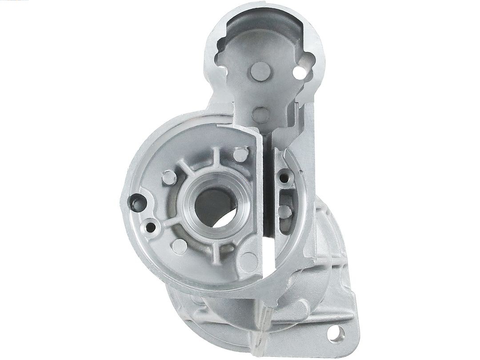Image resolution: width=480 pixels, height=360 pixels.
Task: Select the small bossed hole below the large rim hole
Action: tap(152, 228)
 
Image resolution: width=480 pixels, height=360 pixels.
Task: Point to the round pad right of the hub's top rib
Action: tap(240, 155)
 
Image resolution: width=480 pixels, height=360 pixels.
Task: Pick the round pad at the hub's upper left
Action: tap(169, 177)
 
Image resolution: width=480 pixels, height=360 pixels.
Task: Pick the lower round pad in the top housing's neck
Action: tap(260, 114)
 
